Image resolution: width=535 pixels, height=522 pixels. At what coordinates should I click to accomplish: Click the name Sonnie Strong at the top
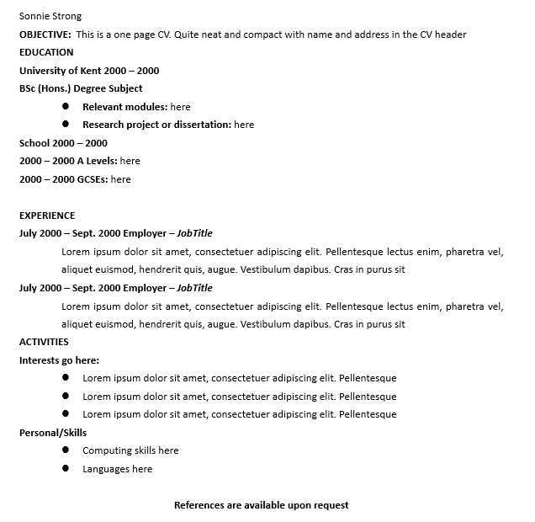point(50,16)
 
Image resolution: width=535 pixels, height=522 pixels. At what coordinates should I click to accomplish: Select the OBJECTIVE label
point(45,35)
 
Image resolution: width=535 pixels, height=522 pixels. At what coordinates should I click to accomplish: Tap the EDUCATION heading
point(46,52)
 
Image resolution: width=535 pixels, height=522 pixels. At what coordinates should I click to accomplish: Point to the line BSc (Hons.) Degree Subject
point(81,88)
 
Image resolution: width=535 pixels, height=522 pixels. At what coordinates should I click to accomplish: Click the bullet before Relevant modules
point(66,107)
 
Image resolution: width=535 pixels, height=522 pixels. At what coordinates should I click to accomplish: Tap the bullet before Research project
point(66,125)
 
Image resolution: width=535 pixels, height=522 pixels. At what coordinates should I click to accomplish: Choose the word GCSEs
point(92,179)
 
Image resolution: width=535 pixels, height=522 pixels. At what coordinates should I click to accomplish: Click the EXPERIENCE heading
point(47,216)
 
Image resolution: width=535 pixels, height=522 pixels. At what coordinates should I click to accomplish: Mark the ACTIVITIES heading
point(44,342)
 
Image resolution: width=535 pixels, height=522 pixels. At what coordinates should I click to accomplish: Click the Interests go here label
point(59,360)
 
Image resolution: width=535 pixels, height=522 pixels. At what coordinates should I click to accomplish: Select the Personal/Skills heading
point(53,433)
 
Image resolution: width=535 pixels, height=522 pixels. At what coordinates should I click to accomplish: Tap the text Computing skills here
point(130,450)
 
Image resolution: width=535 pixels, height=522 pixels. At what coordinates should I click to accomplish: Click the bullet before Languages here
point(66,469)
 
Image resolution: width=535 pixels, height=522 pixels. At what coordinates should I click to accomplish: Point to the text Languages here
point(117,469)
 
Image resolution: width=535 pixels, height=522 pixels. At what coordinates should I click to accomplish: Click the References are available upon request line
point(261,505)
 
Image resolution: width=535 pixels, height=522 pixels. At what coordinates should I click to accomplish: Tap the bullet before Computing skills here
point(66,450)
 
